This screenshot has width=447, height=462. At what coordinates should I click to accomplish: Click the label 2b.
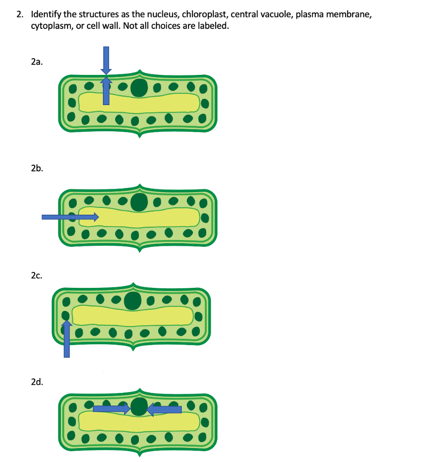coord(37,169)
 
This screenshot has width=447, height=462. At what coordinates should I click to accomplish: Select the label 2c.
coord(37,275)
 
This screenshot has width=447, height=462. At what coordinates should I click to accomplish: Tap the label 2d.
coord(37,382)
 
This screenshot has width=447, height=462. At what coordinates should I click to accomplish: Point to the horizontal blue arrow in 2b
coord(70,217)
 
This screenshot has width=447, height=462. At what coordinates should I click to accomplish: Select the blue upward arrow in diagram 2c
coord(67,338)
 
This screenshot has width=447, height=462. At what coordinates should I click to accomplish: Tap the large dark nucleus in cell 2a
coord(139,88)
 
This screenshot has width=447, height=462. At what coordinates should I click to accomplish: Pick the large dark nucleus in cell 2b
coord(139,202)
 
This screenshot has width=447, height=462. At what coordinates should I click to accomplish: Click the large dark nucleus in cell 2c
coord(133,300)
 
